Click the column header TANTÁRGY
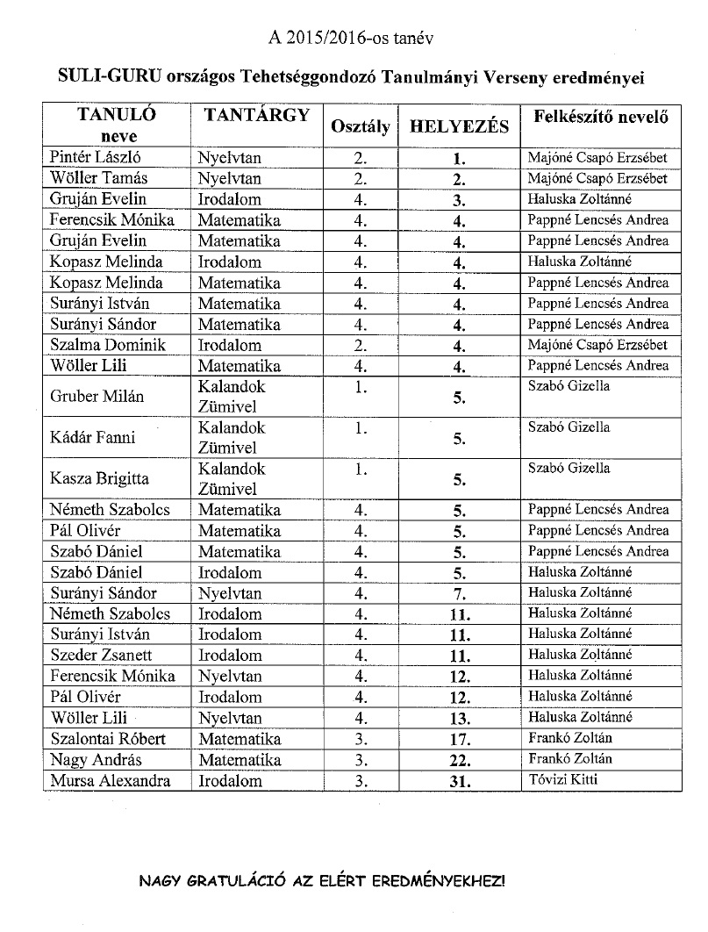click(x=257, y=115)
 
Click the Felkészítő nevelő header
click(x=597, y=116)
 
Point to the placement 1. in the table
click(x=458, y=159)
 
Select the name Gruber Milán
click(x=97, y=397)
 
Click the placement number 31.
click(x=458, y=781)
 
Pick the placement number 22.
click(x=458, y=760)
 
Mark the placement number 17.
click(x=458, y=739)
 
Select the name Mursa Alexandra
click(x=110, y=781)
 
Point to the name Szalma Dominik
click(x=107, y=345)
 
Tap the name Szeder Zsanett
click(x=102, y=655)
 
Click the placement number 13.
click(x=458, y=718)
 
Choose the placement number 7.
click(x=458, y=594)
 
